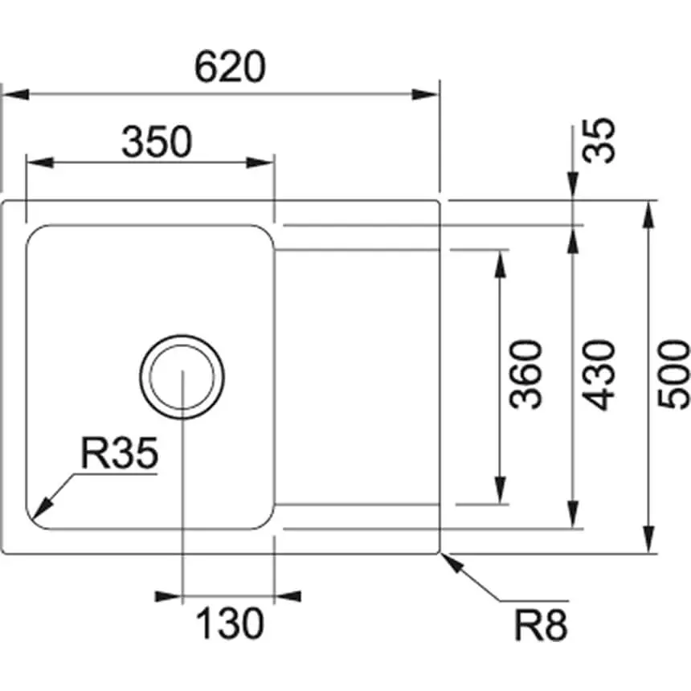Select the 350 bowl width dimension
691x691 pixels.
pos(157,142)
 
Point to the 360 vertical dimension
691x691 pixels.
pos(527,374)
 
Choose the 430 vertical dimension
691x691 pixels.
pos(599,374)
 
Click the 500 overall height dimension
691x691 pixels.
pos(673,374)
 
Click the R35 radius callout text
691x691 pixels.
pos(119,456)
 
